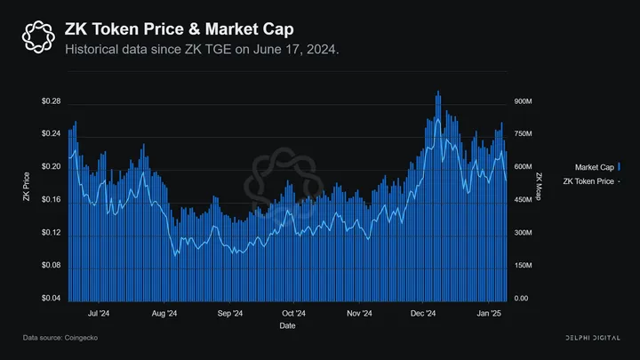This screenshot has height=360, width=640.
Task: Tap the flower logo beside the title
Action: point(38,36)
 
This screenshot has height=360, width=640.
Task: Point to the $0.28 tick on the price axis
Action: point(51,101)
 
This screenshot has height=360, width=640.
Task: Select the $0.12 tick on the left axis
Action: point(51,233)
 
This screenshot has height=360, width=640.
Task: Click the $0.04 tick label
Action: point(51,298)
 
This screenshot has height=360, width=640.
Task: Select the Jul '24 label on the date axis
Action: point(99,314)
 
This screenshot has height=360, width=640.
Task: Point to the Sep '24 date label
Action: point(230,314)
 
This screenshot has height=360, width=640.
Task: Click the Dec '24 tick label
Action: point(423,314)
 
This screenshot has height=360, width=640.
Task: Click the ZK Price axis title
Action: point(27,186)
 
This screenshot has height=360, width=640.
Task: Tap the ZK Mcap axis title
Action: point(539,186)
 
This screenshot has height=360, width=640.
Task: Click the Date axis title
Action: point(288,326)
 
